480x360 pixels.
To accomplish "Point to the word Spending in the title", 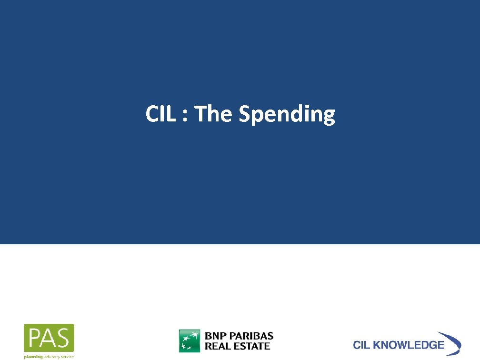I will tap(287, 115).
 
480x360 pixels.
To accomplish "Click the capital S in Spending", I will tap(245, 114).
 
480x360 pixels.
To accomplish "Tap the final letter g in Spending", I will tap(329, 117).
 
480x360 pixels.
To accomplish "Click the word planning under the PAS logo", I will tap(33, 356).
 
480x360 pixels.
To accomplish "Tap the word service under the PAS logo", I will tap(66, 356).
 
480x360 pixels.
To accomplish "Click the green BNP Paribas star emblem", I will tap(190, 341).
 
